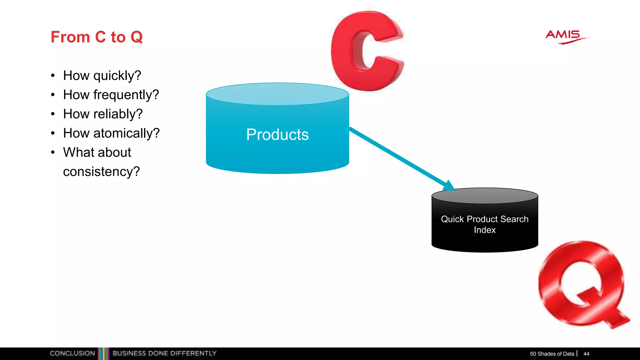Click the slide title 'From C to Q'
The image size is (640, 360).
tap(97, 37)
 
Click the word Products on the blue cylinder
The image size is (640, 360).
tap(277, 135)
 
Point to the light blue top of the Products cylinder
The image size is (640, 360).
tap(277, 94)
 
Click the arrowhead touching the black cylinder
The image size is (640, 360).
tap(449, 186)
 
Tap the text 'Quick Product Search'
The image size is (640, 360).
tap(484, 219)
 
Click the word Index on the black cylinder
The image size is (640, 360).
tap(484, 230)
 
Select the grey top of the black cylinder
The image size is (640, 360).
tap(484, 196)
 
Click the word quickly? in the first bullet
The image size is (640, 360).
tap(117, 76)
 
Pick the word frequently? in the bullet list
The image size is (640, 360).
tap(126, 95)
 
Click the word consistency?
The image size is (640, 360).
tap(101, 172)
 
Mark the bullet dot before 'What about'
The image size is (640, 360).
tap(53, 152)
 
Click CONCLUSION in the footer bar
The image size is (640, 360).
tap(72, 353)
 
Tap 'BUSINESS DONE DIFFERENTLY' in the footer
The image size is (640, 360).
tap(164, 353)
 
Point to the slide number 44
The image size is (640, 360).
tap(586, 354)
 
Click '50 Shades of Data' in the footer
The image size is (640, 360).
tap(552, 354)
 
